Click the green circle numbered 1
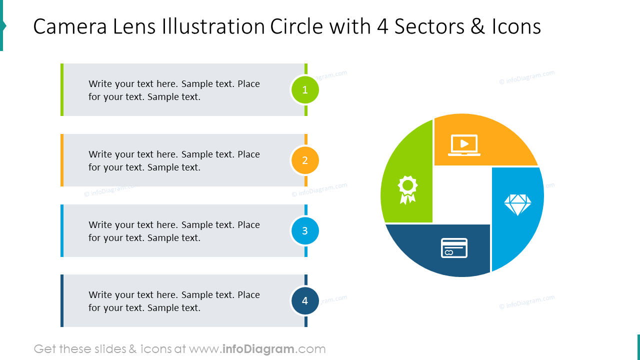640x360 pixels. tap(305, 90)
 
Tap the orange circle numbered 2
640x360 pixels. tap(305, 160)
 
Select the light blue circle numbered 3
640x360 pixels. tap(305, 231)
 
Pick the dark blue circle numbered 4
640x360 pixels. tap(305, 301)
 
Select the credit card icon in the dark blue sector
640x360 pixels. tap(454, 248)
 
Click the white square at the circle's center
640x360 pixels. tap(461, 195)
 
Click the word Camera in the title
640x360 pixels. tap(70, 26)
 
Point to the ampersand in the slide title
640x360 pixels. tap(478, 26)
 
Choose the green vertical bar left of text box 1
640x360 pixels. tap(62, 90)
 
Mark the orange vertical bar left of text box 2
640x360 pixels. tap(62, 160)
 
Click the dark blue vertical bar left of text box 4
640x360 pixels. tap(62, 301)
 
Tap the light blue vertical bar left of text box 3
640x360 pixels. tap(62, 231)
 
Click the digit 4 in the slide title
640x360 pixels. tap(382, 26)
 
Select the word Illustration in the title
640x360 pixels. tap(214, 26)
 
